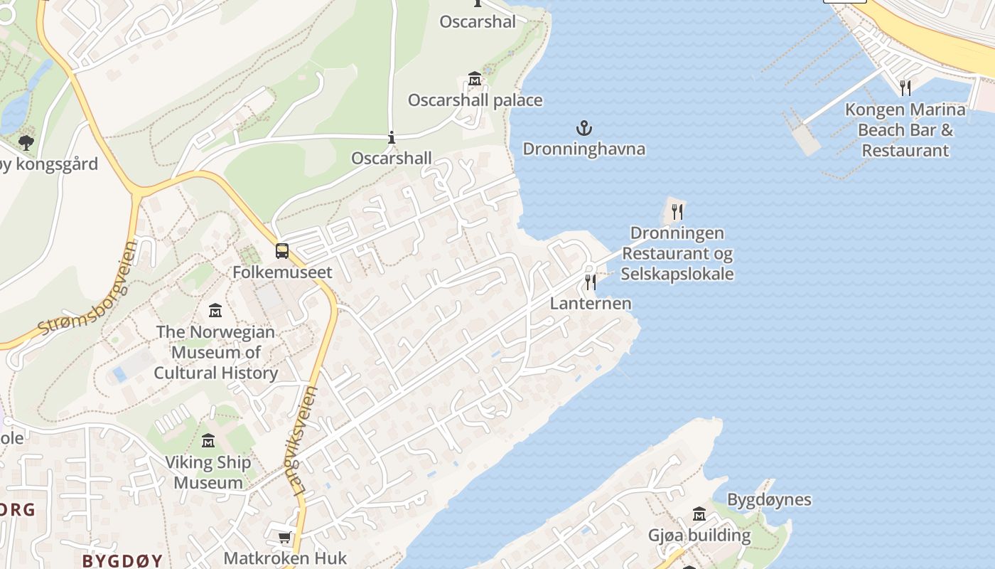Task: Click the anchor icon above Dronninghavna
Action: pyautogui.click(x=583, y=129)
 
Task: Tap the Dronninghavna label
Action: pyautogui.click(x=583, y=149)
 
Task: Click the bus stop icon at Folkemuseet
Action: pyautogui.click(x=282, y=251)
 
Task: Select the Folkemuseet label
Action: pyautogui.click(x=282, y=272)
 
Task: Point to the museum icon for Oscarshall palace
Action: pyautogui.click(x=475, y=78)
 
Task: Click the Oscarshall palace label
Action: pyautogui.click(x=475, y=100)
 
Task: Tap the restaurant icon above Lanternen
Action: pyautogui.click(x=590, y=282)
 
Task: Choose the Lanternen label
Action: pyautogui.click(x=590, y=303)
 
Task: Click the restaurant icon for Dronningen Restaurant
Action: pyautogui.click(x=677, y=212)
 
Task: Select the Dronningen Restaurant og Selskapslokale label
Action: pyautogui.click(x=677, y=253)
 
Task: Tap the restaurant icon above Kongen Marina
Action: pyautogui.click(x=905, y=88)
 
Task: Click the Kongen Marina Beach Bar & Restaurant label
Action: pyautogui.click(x=905, y=130)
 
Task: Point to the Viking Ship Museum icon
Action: pyautogui.click(x=208, y=442)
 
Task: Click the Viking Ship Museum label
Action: pyautogui.click(x=208, y=472)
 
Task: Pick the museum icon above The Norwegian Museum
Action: pyautogui.click(x=215, y=311)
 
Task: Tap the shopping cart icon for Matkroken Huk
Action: pyautogui.click(x=284, y=538)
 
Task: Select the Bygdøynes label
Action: pyautogui.click(x=769, y=499)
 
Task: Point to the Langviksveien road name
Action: pyautogui.click(x=305, y=441)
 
